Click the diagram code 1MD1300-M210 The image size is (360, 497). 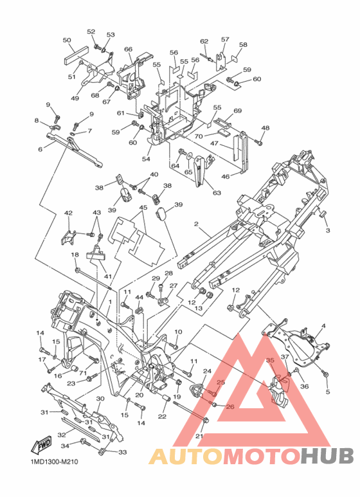(x=53, y=462)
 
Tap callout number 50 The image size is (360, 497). (x=67, y=41)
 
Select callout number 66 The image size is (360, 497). (x=128, y=49)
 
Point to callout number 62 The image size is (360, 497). (x=204, y=41)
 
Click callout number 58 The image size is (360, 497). (x=243, y=45)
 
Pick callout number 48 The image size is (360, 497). (x=265, y=128)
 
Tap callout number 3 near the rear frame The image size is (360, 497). (x=328, y=230)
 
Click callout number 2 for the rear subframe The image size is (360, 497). (x=196, y=224)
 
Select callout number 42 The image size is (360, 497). (x=68, y=213)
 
